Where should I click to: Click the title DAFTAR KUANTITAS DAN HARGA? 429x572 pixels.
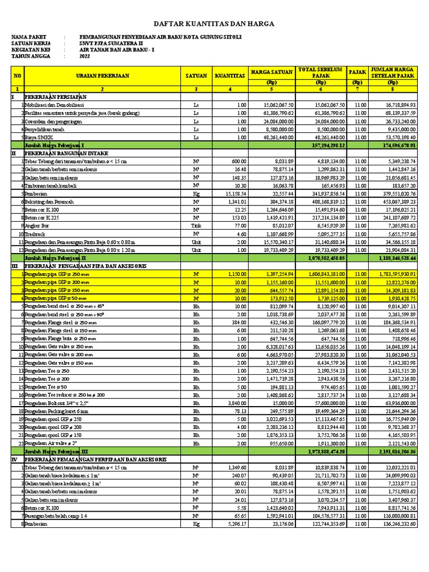[x=214, y=25]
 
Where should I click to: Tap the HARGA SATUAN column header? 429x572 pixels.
[x=270, y=71]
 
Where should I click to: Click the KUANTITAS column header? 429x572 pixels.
[x=229, y=75]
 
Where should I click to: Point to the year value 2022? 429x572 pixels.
[x=84, y=56]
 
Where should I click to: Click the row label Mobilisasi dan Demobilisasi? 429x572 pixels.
[x=53, y=104]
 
